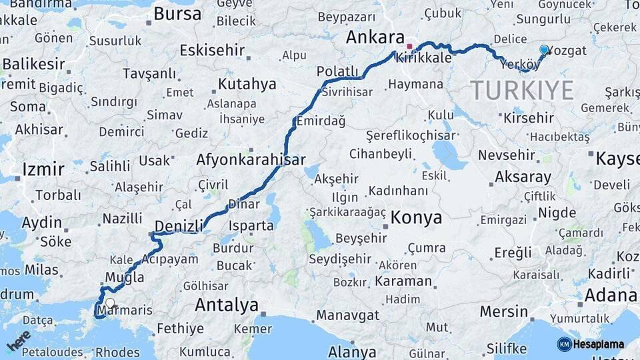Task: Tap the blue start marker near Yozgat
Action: point(544,49)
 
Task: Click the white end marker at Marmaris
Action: point(109,302)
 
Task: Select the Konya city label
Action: point(416,217)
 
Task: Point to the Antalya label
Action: point(227,305)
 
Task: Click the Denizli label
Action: point(178,226)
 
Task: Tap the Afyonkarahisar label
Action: point(251,160)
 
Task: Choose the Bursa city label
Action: point(177,13)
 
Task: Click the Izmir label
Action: point(43,169)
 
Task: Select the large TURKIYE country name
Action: point(522,90)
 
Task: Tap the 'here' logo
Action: point(19,340)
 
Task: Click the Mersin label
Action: point(504,311)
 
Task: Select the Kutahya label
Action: point(247,84)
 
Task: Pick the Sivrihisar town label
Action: point(347,93)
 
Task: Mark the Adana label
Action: point(611,295)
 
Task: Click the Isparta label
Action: point(251,225)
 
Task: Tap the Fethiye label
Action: point(180,329)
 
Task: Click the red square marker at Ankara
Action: point(409,47)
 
